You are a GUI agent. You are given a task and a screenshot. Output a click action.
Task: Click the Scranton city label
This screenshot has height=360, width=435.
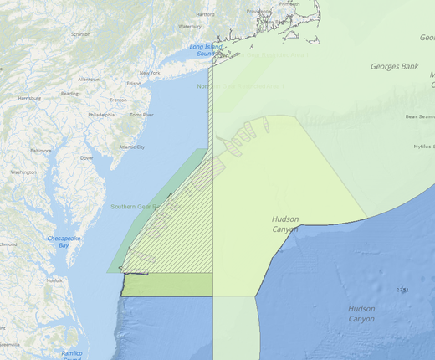coord(81,34)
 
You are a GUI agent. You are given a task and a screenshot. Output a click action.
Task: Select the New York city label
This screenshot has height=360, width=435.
coord(150,73)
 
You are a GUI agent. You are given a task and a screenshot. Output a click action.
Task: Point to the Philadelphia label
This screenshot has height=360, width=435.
coord(101,114)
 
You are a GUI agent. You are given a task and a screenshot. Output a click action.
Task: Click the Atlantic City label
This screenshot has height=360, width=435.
coord(132,147)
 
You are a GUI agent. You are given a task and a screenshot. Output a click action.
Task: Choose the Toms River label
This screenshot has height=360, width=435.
coord(141,114)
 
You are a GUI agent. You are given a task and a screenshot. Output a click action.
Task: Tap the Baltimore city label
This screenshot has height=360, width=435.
coord(41,150)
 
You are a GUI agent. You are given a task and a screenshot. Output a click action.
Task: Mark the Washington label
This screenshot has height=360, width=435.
coord(23,172)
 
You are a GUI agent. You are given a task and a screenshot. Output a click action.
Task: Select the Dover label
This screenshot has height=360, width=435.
coord(86,157)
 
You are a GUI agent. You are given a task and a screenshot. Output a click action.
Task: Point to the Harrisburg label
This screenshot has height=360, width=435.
coord(29,98)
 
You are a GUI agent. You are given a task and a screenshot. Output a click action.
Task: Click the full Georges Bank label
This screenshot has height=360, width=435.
coord(396,65)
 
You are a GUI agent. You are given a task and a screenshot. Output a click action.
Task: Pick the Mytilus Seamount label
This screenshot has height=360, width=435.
coord(423,147)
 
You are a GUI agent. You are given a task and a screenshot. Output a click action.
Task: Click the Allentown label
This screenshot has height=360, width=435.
coord(90,79)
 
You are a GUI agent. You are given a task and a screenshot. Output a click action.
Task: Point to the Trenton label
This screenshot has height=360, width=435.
coord(118,99)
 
